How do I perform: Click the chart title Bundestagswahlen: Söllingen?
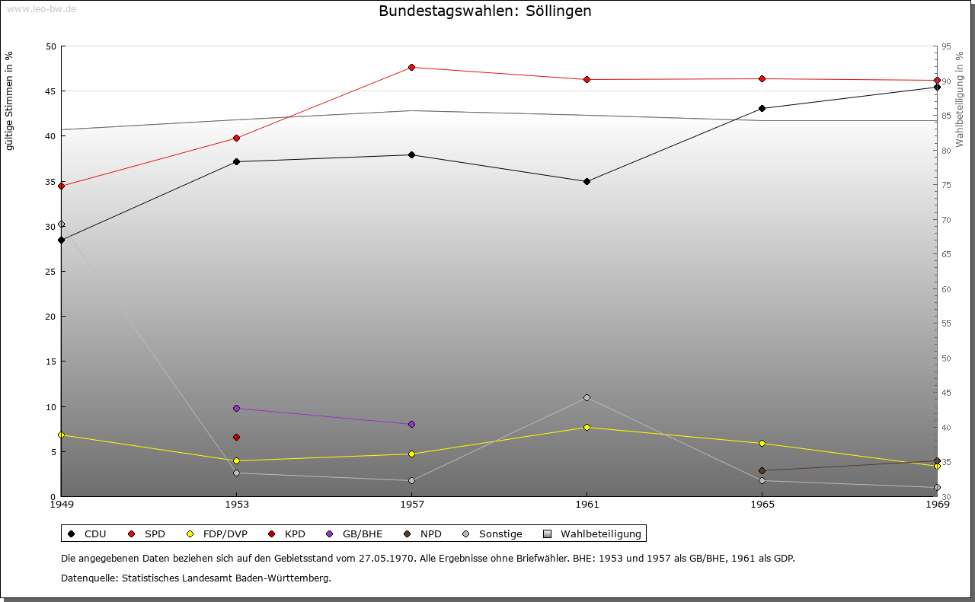pos(484,11)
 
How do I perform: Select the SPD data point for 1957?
pos(411,68)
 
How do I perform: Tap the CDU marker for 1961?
pos(587,182)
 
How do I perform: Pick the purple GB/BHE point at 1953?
pos(236,409)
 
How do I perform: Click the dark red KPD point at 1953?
pos(236,437)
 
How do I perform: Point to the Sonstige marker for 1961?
pos(587,397)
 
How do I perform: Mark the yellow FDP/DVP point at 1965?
pos(762,444)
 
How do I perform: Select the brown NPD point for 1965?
pos(762,471)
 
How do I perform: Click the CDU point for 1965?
pos(762,109)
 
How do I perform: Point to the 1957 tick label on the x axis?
pos(411,504)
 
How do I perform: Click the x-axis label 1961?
pos(587,504)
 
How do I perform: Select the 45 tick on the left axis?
pos(50,91)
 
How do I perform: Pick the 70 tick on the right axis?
pos(946,220)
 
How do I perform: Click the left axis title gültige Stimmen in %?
pos(10,100)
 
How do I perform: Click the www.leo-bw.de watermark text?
pos(41,8)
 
